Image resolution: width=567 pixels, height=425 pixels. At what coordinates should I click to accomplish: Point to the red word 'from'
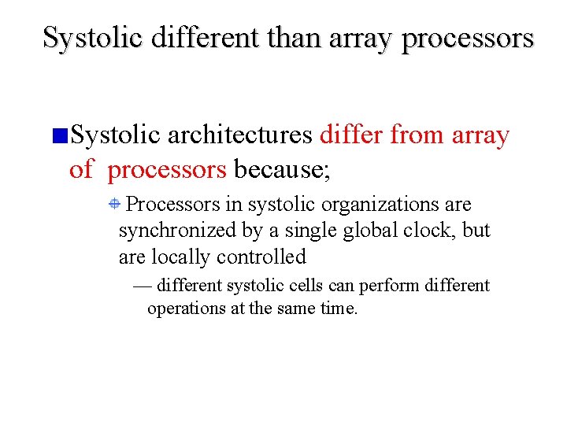417,135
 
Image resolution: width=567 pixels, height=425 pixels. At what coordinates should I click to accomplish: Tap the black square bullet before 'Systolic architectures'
60,137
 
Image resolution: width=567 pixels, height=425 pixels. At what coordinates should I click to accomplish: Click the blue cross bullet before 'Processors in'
114,205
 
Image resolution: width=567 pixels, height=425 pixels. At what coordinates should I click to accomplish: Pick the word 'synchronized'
176,231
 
